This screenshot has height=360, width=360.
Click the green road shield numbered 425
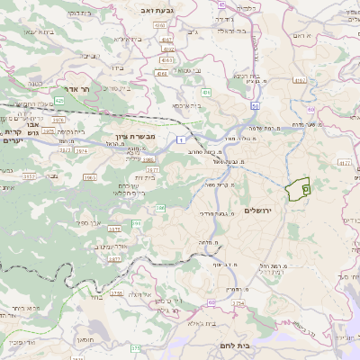click(x=59, y=101)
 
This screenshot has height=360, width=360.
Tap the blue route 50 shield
click(x=255, y=106)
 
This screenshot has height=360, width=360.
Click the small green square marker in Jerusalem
click(x=305, y=189)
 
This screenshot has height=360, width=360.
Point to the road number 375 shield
click(x=115, y=293)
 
